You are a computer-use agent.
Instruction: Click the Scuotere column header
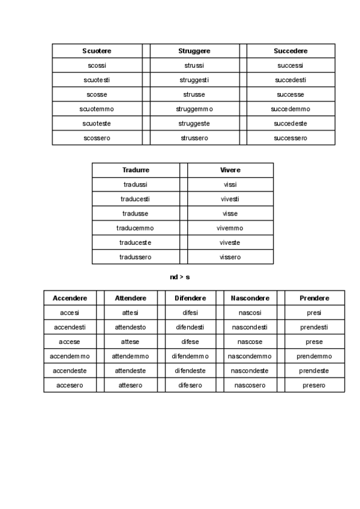point(97,51)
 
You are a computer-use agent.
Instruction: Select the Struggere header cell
point(194,51)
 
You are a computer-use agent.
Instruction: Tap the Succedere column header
point(290,51)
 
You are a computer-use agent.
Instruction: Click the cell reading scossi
point(97,65)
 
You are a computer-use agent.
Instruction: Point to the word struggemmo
point(194,109)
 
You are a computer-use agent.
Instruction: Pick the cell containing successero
point(290,138)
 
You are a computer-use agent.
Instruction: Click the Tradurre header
point(136,170)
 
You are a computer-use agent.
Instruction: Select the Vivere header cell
point(230,170)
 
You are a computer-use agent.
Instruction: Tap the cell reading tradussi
point(136,184)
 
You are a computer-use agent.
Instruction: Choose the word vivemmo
point(230,228)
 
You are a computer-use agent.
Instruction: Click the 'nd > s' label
point(180,277)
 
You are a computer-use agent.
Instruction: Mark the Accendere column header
point(70,298)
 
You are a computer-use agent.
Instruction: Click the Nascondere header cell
point(250,298)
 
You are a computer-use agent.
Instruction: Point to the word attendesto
point(130,327)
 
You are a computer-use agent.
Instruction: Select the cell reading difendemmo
point(190,356)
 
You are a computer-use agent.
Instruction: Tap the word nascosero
point(250,385)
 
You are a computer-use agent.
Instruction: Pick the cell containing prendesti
point(314,327)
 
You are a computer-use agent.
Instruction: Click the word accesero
point(70,385)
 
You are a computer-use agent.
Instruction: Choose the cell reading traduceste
point(136,242)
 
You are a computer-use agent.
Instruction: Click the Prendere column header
point(314,298)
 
